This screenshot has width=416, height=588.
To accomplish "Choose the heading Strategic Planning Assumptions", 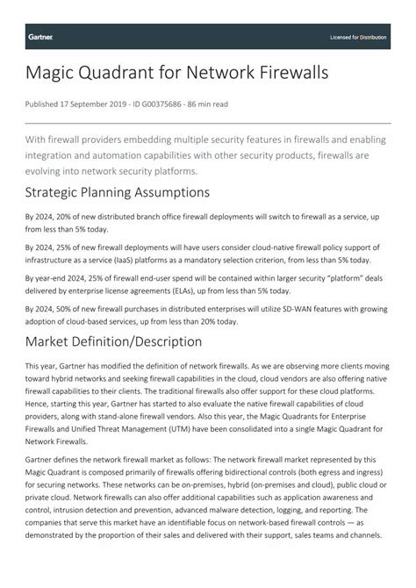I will click(x=117, y=192).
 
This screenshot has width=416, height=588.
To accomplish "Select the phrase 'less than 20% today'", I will click(x=198, y=321).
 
